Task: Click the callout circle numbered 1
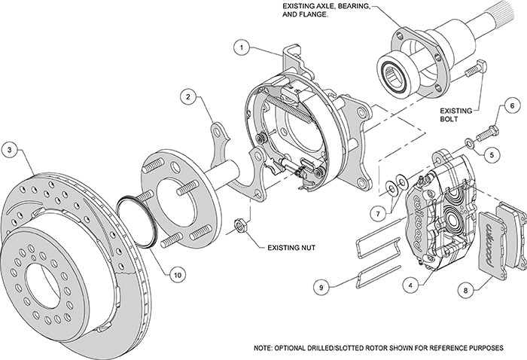[x=241, y=47]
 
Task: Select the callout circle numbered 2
[x=189, y=96]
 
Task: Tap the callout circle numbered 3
[x=10, y=148]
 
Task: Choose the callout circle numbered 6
[x=510, y=107]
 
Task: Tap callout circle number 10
[x=177, y=276]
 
